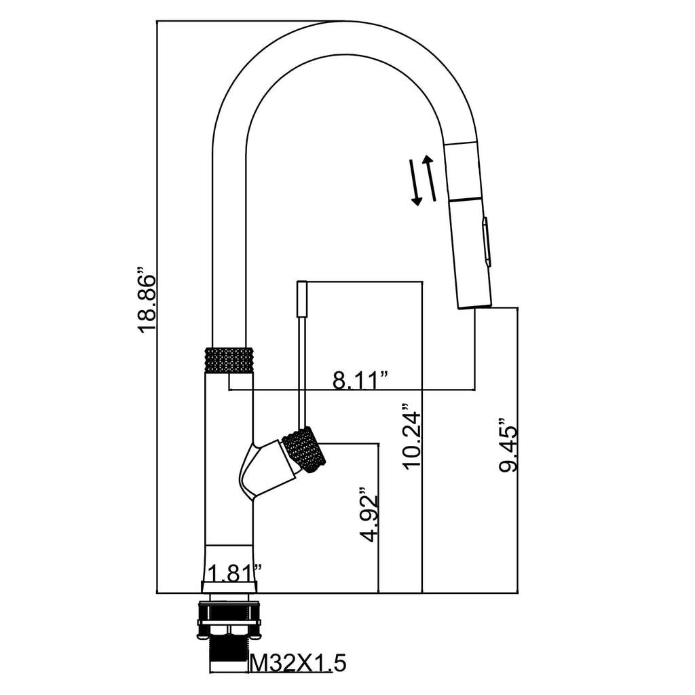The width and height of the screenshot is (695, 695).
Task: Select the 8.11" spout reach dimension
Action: (x=360, y=380)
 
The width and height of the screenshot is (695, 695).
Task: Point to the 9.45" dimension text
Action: (x=507, y=445)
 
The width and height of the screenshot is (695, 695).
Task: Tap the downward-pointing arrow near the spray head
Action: (x=415, y=183)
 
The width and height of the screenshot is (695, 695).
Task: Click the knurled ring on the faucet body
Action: (x=229, y=359)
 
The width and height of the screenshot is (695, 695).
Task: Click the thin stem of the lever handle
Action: (x=302, y=367)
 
